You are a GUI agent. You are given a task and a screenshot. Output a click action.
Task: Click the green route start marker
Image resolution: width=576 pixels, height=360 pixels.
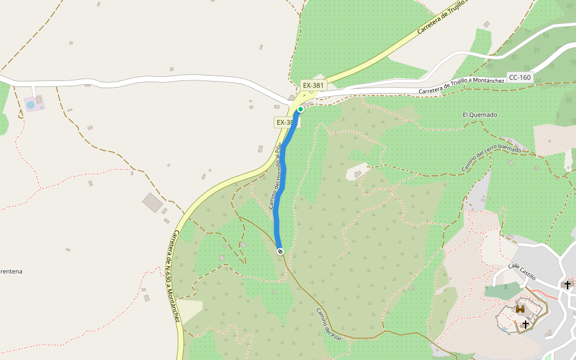point(301,109)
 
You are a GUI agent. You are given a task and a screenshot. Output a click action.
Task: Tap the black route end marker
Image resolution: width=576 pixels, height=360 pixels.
point(280,251)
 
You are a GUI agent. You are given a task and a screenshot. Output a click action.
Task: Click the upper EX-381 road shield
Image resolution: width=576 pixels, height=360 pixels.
point(313,85)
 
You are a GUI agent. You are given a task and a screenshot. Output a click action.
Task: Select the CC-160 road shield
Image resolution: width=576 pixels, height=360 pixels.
point(520,77)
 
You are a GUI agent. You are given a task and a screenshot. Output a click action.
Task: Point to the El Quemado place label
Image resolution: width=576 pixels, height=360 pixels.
point(480,115)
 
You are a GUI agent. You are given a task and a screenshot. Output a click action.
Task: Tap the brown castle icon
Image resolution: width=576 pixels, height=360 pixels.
point(520,309)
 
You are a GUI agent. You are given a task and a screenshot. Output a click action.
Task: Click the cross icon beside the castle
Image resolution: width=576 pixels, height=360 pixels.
point(526,324)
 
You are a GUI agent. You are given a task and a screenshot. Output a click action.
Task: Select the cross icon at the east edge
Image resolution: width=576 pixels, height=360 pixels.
point(568,284)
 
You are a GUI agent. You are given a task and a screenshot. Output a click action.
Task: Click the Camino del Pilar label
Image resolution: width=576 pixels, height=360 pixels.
point(329,324)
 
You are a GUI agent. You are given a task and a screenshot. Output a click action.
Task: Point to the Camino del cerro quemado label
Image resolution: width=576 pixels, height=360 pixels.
point(491,158)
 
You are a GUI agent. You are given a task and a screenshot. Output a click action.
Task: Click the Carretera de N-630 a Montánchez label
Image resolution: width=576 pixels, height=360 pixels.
point(172,276)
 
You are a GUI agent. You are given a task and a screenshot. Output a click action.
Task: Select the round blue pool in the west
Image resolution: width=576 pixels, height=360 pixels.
point(31,105)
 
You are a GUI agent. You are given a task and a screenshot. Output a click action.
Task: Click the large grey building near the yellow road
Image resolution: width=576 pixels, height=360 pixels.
point(152,202)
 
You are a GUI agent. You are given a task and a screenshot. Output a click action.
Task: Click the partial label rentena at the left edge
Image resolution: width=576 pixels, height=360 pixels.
point(11,271)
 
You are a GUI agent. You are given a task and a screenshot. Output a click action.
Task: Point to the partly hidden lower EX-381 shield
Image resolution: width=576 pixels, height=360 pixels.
point(286,122)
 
